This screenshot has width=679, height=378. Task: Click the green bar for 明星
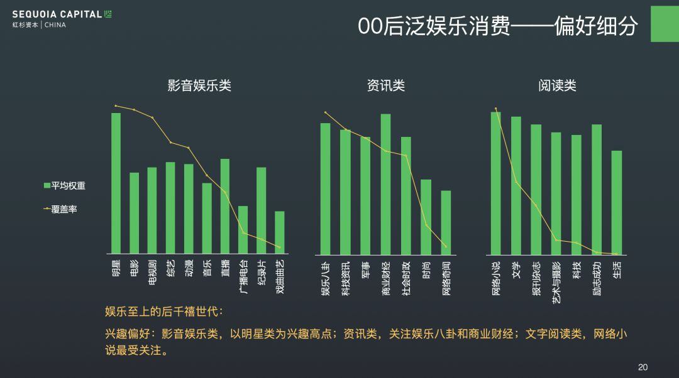pos(116,183)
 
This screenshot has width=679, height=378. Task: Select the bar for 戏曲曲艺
pos(280,232)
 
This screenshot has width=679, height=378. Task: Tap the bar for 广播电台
pos(243,229)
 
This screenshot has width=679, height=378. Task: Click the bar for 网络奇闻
pos(446,222)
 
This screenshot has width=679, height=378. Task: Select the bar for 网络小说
pos(496,183)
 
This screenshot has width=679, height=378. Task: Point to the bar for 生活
pos(617,202)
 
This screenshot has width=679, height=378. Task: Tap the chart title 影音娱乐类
pos(199,86)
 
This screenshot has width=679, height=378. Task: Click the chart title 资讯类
pos(385,86)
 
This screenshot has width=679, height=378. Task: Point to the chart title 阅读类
pos(557,86)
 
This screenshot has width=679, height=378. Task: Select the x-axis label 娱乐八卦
pos(325,278)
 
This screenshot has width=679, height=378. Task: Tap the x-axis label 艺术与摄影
pos(556,282)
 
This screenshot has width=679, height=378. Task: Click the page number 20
pos(643,367)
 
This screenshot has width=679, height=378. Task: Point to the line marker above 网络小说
pos(496,109)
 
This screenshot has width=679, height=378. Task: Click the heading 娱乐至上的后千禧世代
pos(163,312)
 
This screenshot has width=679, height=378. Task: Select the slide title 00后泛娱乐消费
pos(434,27)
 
